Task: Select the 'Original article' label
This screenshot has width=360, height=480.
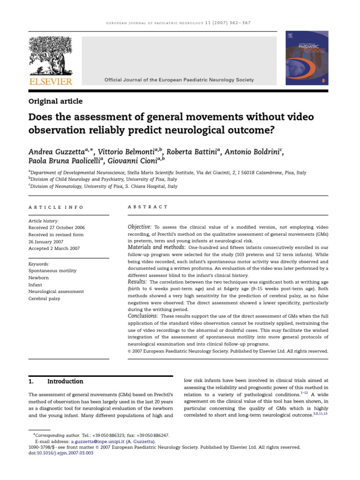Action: click(55, 101)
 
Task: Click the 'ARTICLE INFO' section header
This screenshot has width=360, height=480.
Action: click(56, 207)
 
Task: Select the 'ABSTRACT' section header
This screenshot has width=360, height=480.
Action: click(148, 207)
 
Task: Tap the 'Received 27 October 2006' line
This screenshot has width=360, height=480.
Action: click(58, 228)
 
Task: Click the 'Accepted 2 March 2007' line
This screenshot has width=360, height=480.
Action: click(54, 248)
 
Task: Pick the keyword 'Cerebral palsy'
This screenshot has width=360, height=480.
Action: click(45, 299)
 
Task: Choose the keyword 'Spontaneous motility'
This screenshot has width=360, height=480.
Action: click(52, 271)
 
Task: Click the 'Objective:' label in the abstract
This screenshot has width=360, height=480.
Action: click(140, 227)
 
